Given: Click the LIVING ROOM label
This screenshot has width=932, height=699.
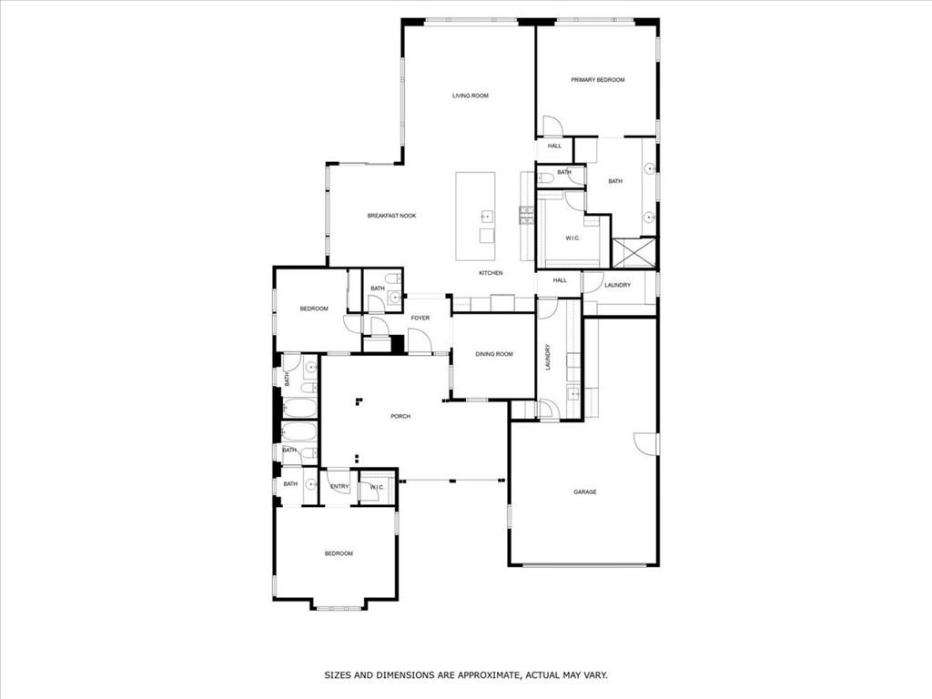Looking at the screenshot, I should pos(471,96).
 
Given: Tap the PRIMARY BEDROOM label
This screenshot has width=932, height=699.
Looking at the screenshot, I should pos(597,80).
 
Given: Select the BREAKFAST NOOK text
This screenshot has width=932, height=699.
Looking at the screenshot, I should pos(391,216).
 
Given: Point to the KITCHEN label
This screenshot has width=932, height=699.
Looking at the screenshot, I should pos(491,273).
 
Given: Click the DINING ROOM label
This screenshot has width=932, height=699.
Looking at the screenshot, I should pos(494,354).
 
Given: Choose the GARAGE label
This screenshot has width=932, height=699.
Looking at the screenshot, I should pos(584,492).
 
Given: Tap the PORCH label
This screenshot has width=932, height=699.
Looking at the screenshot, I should pos(400,416).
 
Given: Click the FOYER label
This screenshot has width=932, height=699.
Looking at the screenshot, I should pos(420,318).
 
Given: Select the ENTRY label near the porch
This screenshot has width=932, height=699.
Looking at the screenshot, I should pos(339,487).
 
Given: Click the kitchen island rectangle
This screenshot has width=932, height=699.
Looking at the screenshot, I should pos(476,208).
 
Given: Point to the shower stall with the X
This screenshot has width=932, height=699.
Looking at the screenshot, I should pos(633,252).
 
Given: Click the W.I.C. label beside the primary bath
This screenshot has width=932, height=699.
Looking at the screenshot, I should pos(572,238).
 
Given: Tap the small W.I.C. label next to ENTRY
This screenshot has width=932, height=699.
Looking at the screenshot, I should pos(377,487).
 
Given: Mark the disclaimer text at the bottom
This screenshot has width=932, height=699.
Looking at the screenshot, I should pos(466,675).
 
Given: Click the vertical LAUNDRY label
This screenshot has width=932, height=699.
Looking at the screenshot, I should pos(548,356).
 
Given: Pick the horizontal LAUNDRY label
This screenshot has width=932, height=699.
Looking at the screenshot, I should pos(617,286).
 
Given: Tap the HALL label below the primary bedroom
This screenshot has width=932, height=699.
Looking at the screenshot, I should pos(554,146).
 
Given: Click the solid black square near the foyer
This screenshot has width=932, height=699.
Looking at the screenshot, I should pos(397,344).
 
